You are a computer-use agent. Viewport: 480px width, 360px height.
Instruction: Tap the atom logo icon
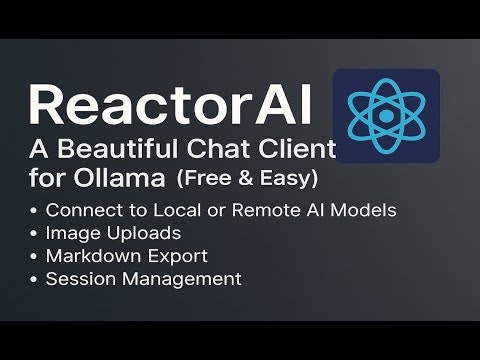(386, 116)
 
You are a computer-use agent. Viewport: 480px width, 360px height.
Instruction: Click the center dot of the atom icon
(386, 116)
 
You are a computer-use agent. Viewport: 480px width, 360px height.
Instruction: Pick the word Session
(77, 279)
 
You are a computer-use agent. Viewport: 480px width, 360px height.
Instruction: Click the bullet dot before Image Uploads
(36, 234)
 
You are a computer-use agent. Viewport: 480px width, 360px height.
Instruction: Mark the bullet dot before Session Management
(36, 280)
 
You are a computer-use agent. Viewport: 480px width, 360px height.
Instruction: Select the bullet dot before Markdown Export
(36, 257)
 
